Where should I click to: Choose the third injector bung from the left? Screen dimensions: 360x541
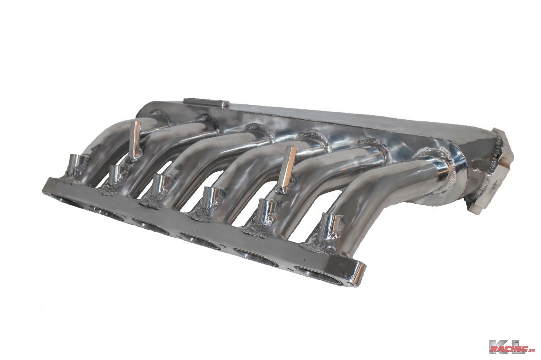(160, 184)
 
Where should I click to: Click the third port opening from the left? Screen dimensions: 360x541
(153, 228)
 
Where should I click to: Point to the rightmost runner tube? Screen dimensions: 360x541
(381, 200)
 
